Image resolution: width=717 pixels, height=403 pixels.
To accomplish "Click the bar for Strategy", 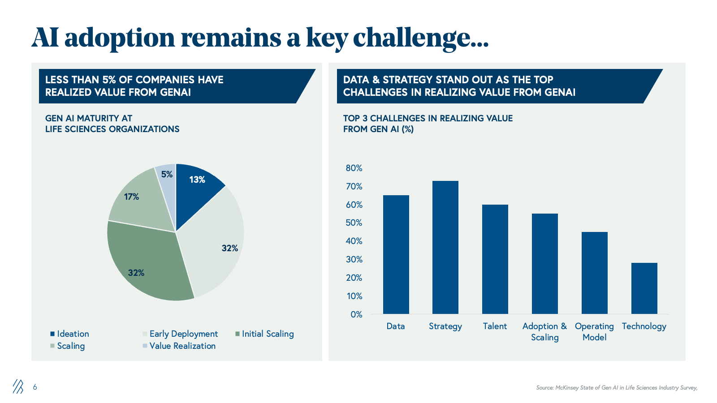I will point(445,247).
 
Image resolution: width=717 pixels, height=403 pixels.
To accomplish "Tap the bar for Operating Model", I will point(594,273).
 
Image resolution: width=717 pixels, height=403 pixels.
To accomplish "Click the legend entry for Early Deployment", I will point(183,334).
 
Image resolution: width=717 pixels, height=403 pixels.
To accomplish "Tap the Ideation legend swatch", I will point(52,334).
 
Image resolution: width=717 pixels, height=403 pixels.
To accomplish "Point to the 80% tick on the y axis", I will point(354,168).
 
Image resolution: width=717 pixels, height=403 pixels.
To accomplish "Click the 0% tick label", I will point(356,314).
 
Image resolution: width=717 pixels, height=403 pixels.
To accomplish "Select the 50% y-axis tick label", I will point(354,223).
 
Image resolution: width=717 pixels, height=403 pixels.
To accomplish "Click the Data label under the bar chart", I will point(396,326).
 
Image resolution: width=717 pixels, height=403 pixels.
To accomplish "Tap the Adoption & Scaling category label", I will point(544,332).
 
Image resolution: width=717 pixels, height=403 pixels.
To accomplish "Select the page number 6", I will point(35,387).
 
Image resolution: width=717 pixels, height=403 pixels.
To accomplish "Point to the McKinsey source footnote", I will point(617,388).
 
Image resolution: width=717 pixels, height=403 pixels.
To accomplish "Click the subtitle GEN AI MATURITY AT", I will point(89,118).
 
